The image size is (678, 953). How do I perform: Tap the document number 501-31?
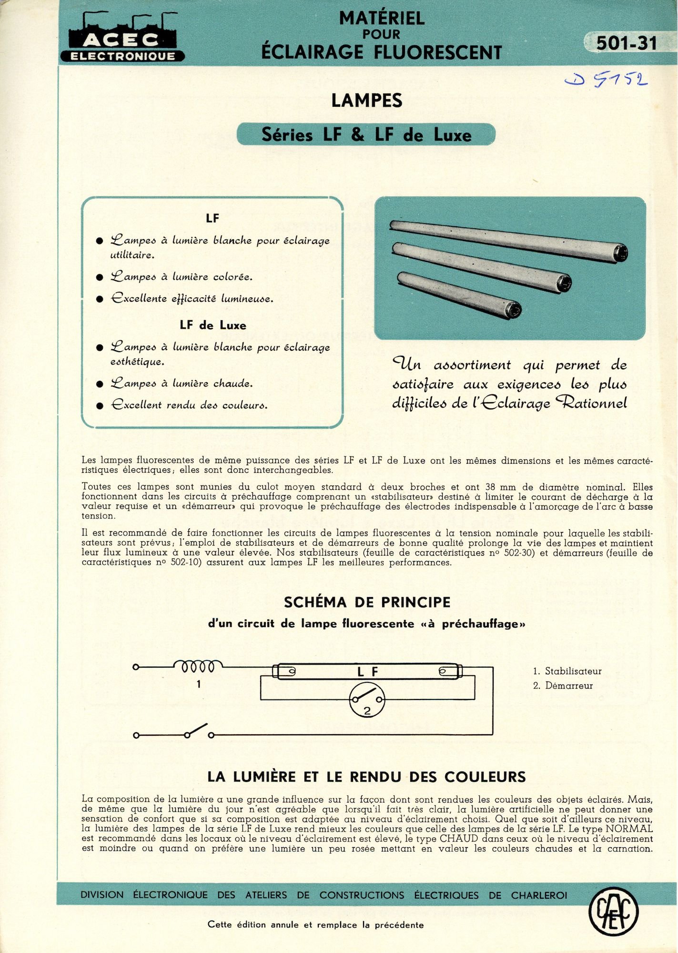tap(626, 43)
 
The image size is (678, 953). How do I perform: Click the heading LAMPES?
tap(367, 101)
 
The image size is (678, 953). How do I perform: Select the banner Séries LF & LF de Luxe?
tap(366, 135)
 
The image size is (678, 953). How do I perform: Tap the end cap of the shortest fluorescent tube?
tap(514, 310)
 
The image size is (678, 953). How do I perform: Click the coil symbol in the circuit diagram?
tap(198, 666)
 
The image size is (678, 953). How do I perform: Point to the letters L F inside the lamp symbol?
tap(367, 672)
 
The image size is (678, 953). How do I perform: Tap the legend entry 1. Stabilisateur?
tap(567, 671)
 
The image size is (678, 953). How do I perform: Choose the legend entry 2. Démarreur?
tap(563, 686)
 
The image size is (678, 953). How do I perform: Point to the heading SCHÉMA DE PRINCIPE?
tap(367, 602)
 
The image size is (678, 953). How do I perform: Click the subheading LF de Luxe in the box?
tap(213, 325)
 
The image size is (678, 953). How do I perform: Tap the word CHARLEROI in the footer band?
tap(539, 895)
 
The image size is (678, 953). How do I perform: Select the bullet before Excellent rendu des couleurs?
tap(100, 406)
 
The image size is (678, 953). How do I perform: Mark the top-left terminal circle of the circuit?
tap(136, 667)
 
